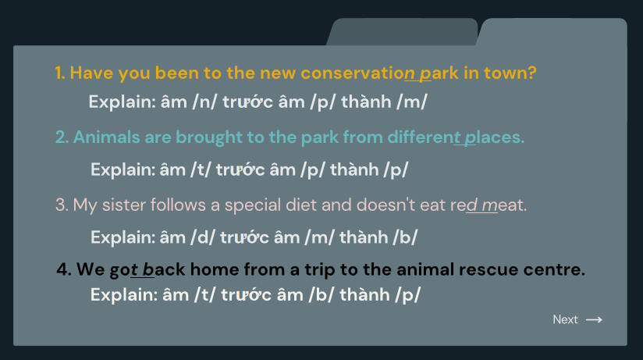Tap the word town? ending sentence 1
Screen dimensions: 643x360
click(510, 73)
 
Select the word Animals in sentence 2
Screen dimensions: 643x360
click(107, 137)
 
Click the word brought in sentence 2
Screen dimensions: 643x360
click(209, 138)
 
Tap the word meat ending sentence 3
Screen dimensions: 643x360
click(504, 205)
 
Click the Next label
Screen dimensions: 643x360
click(565, 319)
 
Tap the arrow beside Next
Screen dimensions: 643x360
click(594, 319)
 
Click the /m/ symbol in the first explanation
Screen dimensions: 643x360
click(412, 102)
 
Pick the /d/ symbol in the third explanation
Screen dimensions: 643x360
click(203, 237)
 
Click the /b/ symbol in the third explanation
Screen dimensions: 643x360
click(405, 237)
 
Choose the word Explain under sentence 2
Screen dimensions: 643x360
click(123, 170)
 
